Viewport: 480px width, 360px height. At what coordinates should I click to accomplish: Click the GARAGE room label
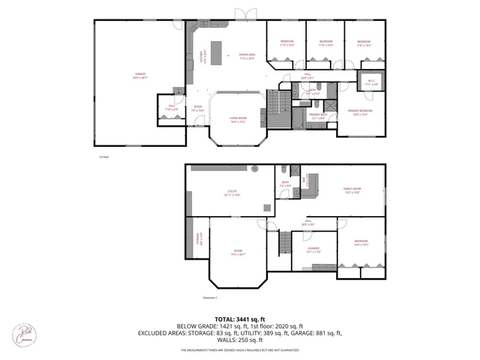[139, 74]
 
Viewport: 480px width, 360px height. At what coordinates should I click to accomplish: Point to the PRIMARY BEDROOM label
[360, 112]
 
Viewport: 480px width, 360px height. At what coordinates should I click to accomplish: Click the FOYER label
[198, 108]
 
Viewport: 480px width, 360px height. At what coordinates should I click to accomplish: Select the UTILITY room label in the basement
[232, 192]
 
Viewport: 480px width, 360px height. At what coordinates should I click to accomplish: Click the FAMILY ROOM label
[352, 190]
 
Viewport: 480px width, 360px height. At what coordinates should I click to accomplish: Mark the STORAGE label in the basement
[198, 239]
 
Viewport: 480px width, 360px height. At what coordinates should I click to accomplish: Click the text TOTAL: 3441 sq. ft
[239, 319]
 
